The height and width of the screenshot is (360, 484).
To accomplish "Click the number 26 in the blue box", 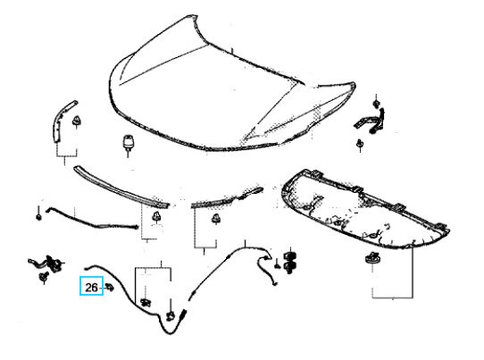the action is pos(91,288).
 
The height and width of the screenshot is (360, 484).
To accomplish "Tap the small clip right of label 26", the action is pos(109,287).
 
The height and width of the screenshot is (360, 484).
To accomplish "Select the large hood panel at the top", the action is pos(231,83).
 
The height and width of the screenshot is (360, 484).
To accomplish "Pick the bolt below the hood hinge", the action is pos(360,145).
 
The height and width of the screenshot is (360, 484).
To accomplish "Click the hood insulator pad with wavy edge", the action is pos(365,209).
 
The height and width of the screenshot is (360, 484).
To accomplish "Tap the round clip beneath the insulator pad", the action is pos(372,258).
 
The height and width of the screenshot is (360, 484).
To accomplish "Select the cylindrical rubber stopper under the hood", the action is pos(127,143).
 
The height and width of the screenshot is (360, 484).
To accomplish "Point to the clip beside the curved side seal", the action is pos(76,121).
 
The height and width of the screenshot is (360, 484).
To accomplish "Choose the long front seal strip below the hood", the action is pos(121,187).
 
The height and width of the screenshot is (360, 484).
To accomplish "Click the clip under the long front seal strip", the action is pos(157,217).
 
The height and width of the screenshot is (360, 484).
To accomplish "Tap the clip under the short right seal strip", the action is pos(215,219).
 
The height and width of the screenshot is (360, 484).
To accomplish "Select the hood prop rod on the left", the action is pos(92,219).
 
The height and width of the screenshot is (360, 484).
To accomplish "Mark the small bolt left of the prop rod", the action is pos(38,215).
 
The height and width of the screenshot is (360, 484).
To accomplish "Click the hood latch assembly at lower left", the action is pos(47,264).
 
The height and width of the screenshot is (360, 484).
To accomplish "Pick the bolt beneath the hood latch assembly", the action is pos(43,277).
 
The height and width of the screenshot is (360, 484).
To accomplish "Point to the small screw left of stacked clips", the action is pos(277,264).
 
